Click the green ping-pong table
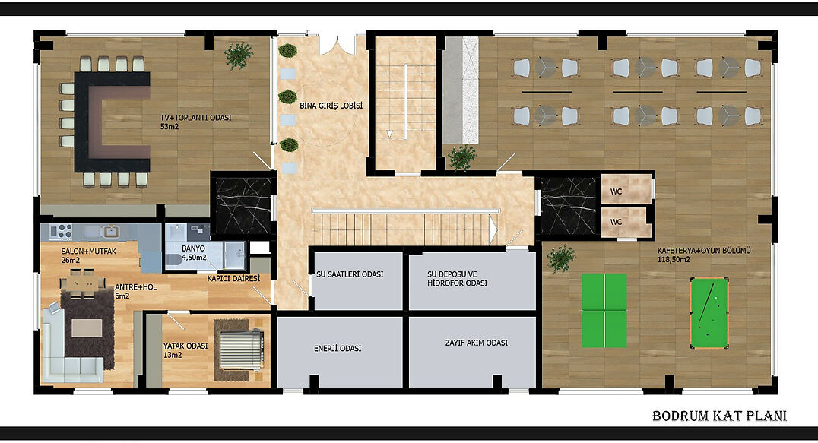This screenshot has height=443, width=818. click(x=604, y=311)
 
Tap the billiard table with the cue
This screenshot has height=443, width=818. click(x=709, y=313)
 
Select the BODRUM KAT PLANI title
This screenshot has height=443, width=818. click(x=719, y=416)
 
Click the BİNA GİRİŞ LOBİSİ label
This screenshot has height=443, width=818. click(x=331, y=106)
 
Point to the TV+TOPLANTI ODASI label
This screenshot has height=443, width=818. click(x=195, y=118)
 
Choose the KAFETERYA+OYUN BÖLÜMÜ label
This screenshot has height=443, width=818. click(x=704, y=251)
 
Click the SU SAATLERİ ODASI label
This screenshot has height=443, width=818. click(x=350, y=274)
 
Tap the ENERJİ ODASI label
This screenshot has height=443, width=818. click(x=338, y=348)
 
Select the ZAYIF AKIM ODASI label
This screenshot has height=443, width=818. click(x=477, y=343)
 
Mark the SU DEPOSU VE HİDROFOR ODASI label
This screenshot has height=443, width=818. click(x=457, y=278)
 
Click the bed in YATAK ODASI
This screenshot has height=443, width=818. click(x=239, y=350)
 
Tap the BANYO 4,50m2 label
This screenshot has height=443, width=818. click(x=194, y=253)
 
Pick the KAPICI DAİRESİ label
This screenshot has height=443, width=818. click(x=233, y=278)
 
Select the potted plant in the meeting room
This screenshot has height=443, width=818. click(x=239, y=55)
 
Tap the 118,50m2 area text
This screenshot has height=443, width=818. click(x=674, y=260)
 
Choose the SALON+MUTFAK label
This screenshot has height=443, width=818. click(x=89, y=252)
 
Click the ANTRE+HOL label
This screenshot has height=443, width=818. click(x=135, y=287)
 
